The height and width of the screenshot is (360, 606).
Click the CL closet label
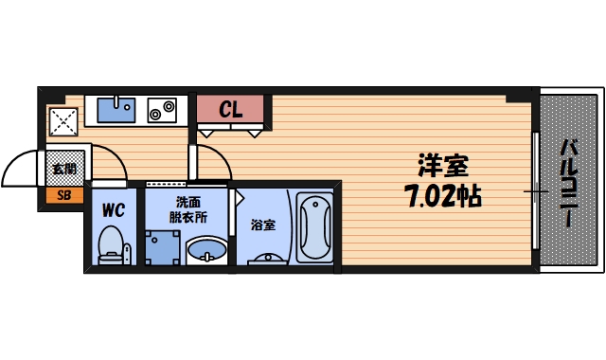click(x=232, y=110)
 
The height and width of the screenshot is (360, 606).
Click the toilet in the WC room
click(x=112, y=244)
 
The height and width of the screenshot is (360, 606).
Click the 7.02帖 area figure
click(x=443, y=198)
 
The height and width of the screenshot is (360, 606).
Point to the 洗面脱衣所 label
click(x=187, y=208)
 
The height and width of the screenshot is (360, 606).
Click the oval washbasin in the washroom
click(x=205, y=250)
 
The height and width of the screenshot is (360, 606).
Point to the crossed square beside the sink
click(x=63, y=121)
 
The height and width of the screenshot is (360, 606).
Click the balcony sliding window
click(x=536, y=192)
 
